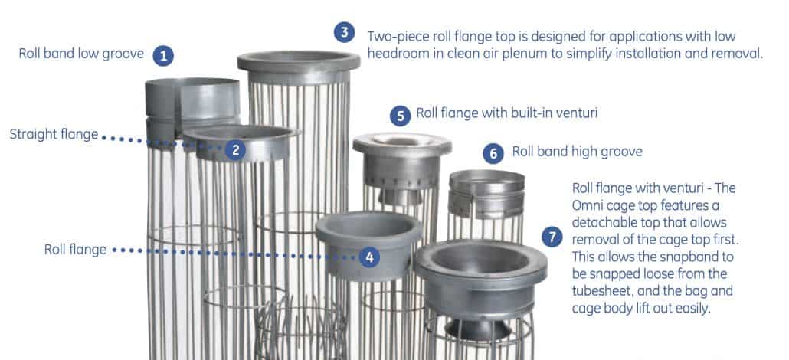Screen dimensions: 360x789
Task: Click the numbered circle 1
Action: [x=162, y=55]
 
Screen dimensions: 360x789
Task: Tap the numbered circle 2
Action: [x=235, y=150]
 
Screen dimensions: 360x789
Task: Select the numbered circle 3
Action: [x=345, y=33]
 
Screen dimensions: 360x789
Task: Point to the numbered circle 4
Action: [x=370, y=257]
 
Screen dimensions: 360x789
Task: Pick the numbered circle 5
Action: [x=400, y=116]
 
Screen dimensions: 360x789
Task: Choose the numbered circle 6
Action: [x=494, y=152]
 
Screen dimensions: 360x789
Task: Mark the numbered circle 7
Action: [x=552, y=236]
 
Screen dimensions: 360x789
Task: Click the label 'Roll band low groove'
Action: [x=80, y=54]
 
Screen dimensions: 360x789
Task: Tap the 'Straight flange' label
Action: [x=54, y=135]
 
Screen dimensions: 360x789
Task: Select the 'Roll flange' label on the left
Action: [x=75, y=249]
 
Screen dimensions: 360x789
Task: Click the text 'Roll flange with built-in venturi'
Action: [x=506, y=113]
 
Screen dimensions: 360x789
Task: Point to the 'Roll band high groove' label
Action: [x=577, y=152]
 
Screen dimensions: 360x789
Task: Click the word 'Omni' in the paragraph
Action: [x=589, y=205]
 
